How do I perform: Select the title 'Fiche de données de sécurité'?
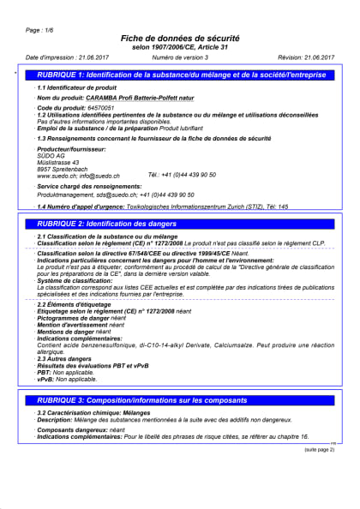click(x=180, y=39)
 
